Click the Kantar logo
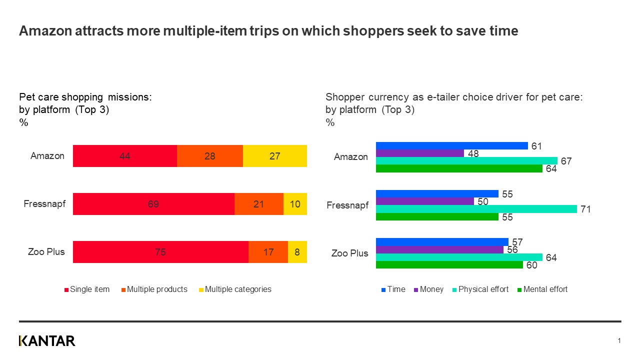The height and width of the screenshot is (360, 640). [47, 341]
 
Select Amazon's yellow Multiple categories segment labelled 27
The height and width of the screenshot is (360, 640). [274, 156]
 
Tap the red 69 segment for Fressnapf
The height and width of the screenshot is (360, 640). [153, 204]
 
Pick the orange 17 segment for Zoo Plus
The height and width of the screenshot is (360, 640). [268, 252]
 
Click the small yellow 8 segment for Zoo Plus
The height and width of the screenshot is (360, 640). [297, 252]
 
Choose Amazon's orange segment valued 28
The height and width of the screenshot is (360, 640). [209, 156]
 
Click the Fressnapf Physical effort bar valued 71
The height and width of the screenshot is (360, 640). [476, 209]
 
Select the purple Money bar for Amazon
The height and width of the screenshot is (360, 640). [419, 153]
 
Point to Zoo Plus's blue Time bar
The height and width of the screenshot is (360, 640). [441, 241]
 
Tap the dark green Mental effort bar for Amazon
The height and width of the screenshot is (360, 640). [458, 168]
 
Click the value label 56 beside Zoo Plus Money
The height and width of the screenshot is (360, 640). [512, 249]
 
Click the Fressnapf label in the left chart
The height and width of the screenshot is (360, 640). [44, 204]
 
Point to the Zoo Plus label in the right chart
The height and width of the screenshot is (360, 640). [350, 253]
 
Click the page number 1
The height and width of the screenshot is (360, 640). [619, 341]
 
